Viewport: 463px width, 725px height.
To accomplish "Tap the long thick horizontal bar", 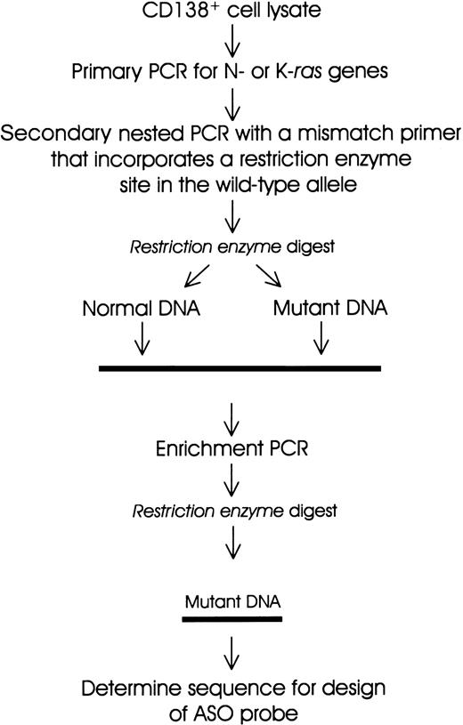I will coord(240,367).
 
